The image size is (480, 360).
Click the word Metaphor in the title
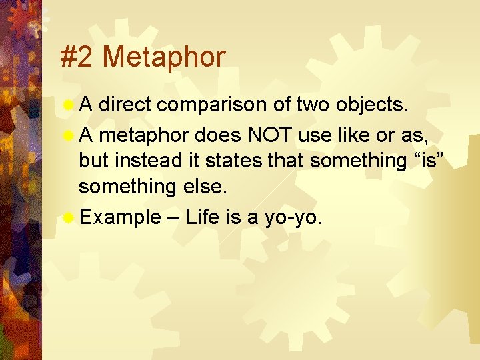(x=164, y=57)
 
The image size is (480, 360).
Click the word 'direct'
(x=127, y=105)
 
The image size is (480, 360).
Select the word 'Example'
(x=119, y=217)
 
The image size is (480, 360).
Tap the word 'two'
(x=293, y=105)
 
